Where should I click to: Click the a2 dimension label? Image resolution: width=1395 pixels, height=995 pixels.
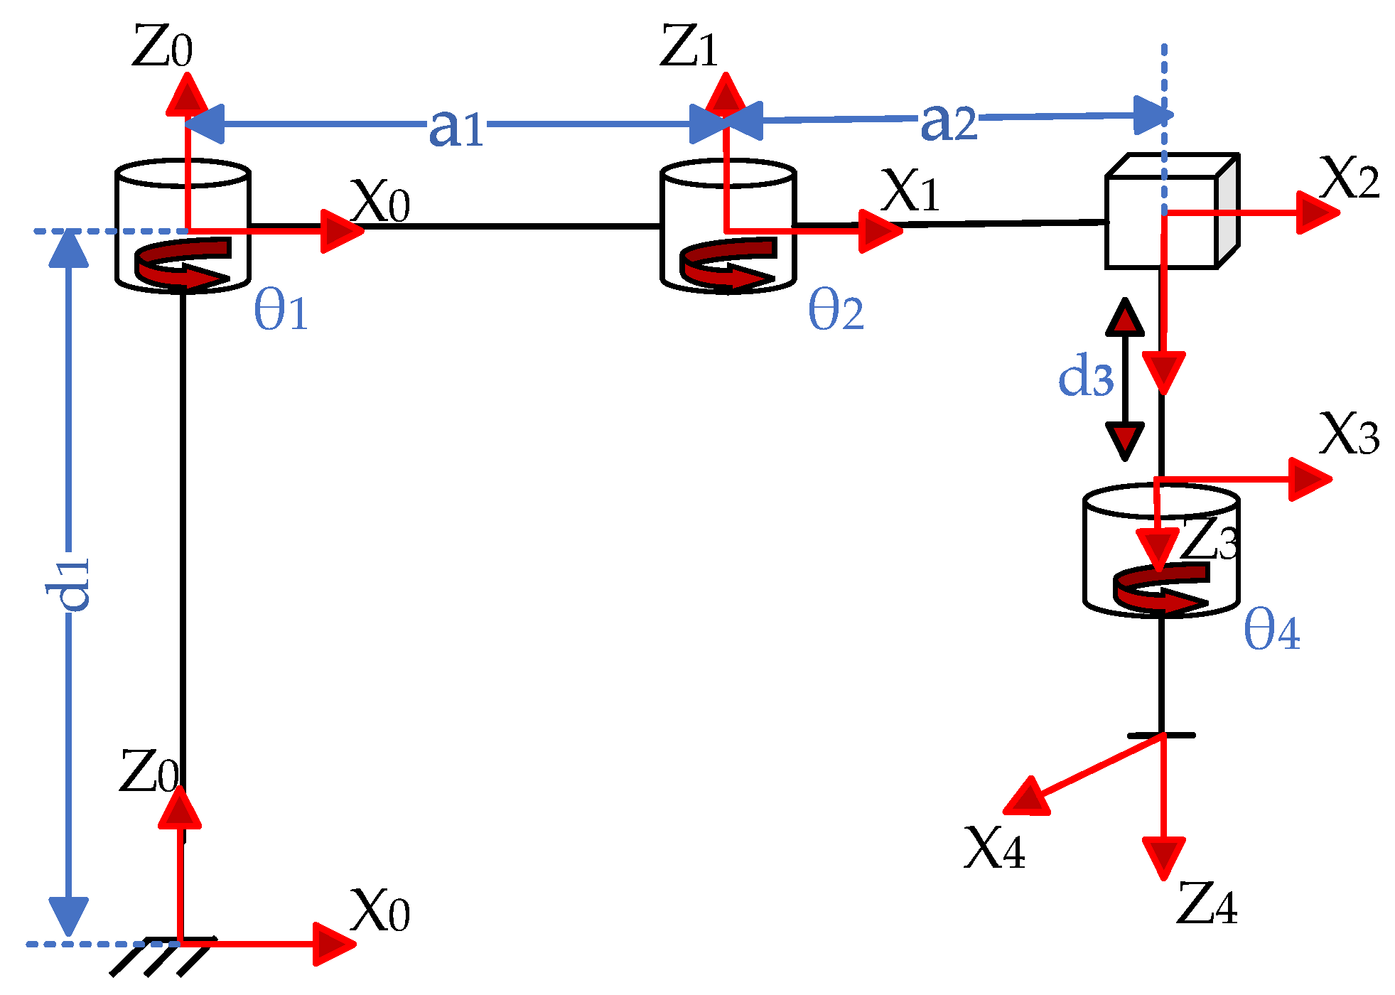948,122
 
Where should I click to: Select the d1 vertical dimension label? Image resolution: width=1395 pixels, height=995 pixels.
69,583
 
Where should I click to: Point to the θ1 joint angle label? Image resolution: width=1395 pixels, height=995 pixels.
281,311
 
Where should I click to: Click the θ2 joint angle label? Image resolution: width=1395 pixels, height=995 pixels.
836,311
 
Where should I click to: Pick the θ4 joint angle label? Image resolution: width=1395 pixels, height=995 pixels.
1271,630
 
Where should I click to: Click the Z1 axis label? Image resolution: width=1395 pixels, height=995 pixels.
689,47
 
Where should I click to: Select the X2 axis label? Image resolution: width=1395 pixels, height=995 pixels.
1349,177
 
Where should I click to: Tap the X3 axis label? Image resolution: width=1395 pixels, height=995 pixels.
1349,434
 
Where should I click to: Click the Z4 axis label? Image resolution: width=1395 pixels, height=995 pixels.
1206,904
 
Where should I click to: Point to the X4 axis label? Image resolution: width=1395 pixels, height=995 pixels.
993,849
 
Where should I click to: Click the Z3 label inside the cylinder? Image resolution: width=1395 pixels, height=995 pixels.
1209,540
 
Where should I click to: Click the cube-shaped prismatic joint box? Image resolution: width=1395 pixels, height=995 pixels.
1171,213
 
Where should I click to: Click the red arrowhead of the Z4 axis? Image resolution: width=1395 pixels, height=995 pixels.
1163,856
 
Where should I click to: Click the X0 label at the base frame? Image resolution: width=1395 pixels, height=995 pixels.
379,911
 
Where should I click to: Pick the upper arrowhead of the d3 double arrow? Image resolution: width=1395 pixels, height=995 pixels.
1125,318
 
